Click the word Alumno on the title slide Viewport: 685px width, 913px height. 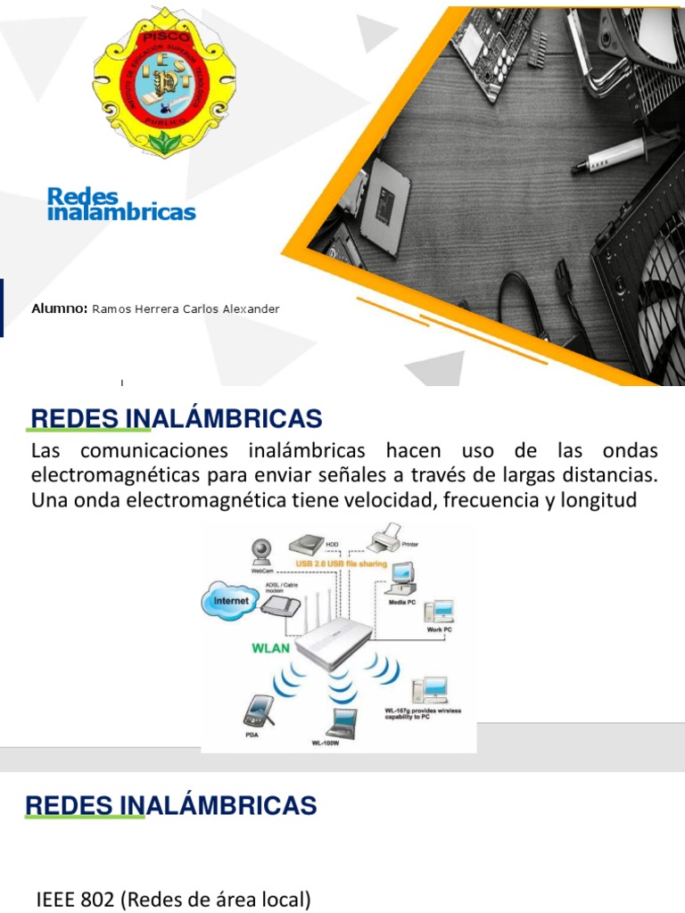[59, 308]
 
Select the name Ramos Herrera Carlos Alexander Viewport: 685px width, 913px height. [186, 309]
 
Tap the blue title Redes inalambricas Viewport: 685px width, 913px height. [120, 203]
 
